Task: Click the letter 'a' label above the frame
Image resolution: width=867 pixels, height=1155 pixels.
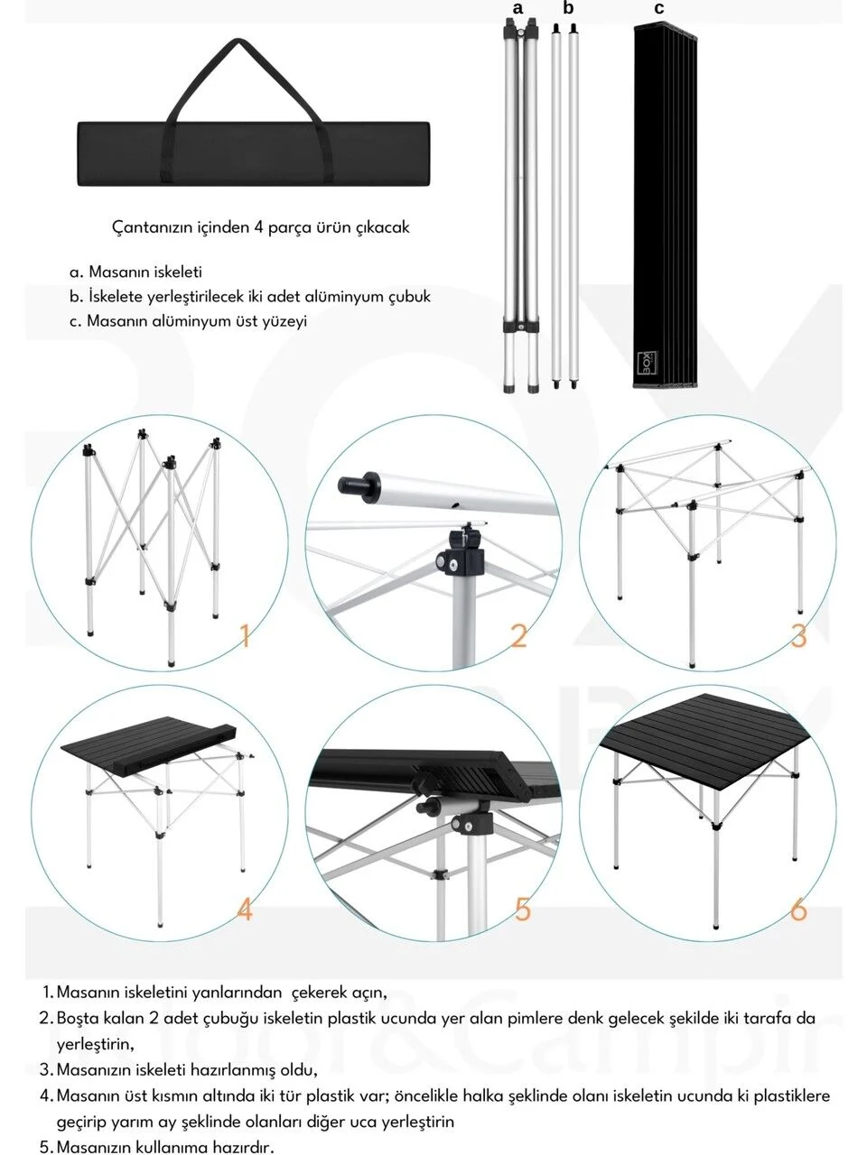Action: (517, 8)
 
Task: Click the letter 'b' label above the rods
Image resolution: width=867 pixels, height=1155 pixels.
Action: (568, 8)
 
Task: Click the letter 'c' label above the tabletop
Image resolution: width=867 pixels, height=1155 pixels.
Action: (659, 8)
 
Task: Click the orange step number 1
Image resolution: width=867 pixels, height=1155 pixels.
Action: (244, 635)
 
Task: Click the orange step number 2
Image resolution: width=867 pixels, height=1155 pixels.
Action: (518, 635)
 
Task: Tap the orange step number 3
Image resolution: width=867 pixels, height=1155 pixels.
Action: (798, 635)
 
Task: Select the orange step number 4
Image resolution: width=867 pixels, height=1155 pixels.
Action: (244, 909)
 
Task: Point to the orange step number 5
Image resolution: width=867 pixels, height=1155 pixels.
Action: (523, 909)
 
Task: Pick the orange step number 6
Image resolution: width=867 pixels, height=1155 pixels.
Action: (798, 909)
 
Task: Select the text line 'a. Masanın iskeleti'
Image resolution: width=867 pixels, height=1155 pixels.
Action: (135, 272)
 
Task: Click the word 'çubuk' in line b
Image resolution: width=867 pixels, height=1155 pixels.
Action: (409, 296)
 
